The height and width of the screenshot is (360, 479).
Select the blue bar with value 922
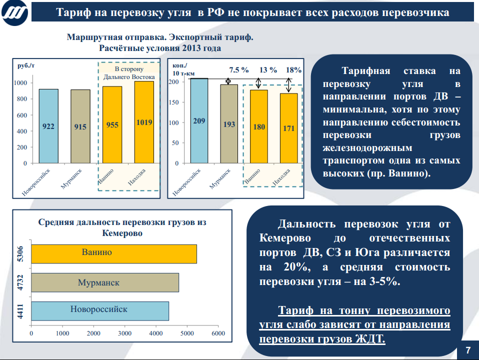[48, 126]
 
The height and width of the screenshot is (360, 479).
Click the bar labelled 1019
[144, 122]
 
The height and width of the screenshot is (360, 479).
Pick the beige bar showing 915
[80, 126]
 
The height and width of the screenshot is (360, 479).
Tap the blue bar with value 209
[199, 120]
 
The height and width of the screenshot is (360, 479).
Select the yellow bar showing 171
[288, 128]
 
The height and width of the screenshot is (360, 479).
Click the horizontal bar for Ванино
[114, 253]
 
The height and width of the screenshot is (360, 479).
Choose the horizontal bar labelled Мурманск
[105, 282]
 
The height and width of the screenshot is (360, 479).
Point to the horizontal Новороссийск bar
[100, 310]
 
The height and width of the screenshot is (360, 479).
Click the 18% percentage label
[294, 70]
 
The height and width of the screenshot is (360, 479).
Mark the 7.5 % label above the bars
[239, 70]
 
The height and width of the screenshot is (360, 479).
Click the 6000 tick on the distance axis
[218, 333]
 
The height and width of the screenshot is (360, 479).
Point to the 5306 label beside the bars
[20, 253]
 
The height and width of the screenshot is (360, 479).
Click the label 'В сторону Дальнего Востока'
[129, 73]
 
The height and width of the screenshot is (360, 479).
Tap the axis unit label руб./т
[25, 65]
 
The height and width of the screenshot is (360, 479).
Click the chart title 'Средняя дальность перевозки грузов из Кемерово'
[122, 227]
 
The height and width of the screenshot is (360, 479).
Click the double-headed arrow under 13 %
[258, 83]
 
